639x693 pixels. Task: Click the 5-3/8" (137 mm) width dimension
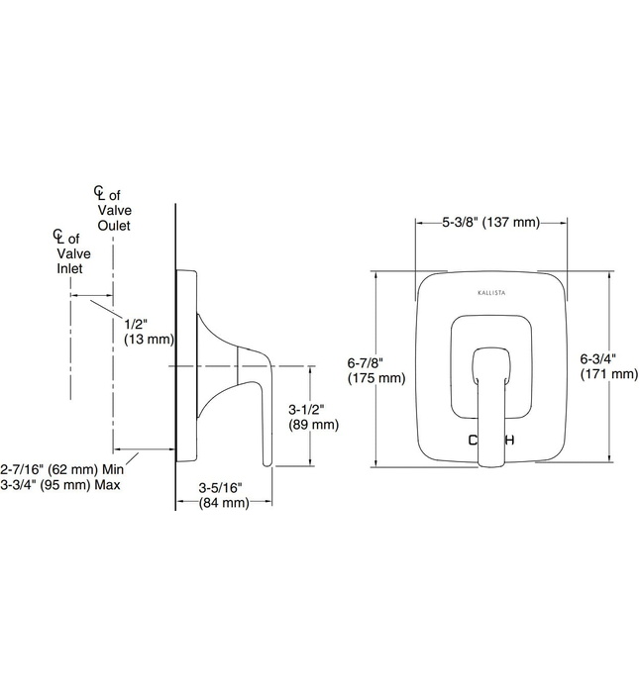(x=489, y=223)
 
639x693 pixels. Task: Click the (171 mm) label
(x=608, y=374)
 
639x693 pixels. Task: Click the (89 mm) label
(x=313, y=425)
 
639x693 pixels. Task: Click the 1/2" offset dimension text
(x=137, y=323)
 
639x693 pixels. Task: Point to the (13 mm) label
(x=150, y=340)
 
